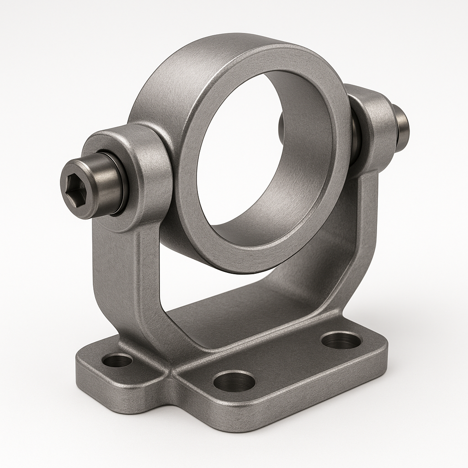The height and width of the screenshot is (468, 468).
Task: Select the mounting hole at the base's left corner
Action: click(x=117, y=360)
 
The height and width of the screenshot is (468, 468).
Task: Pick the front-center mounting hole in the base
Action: click(x=234, y=381)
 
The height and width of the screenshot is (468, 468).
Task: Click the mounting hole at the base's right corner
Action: click(x=341, y=340)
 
